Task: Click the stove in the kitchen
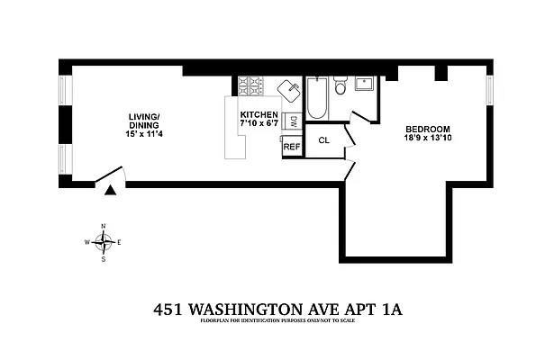(250, 87)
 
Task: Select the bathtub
(317, 100)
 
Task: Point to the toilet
(341, 85)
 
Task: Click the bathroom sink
(365, 85)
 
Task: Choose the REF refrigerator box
(292, 146)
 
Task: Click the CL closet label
(324, 140)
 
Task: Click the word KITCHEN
(259, 114)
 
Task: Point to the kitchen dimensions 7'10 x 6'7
(259, 124)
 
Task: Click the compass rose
(104, 242)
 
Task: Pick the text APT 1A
(377, 309)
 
